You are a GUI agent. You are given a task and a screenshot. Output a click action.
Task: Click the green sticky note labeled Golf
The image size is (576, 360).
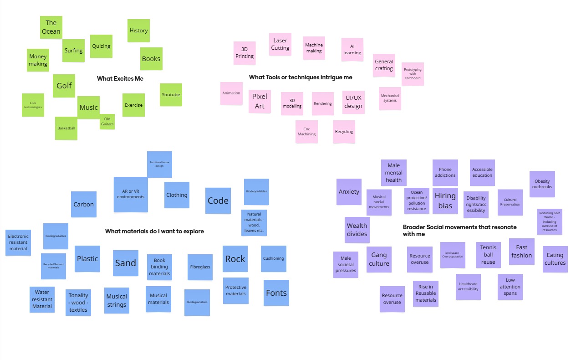tap(64, 86)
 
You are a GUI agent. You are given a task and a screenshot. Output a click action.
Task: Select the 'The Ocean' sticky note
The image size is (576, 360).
tap(51, 27)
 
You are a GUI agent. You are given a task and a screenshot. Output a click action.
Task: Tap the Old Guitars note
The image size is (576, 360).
tap(107, 122)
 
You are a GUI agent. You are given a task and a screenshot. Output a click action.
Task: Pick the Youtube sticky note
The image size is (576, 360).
tap(171, 95)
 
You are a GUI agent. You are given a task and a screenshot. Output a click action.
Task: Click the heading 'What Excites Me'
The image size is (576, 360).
tap(120, 79)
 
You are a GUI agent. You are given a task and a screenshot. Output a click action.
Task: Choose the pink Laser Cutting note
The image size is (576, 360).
tap(280, 44)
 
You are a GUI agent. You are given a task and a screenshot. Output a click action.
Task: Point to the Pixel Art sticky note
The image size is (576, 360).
tap(260, 101)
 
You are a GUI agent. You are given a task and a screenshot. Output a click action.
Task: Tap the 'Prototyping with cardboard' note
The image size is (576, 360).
tap(413, 74)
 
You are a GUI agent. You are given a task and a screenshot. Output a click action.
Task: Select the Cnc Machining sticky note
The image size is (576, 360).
tap(306, 131)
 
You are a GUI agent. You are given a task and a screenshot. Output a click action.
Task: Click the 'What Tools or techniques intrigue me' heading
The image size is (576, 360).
tap(301, 77)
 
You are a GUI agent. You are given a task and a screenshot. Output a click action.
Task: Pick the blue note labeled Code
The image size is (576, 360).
tap(218, 201)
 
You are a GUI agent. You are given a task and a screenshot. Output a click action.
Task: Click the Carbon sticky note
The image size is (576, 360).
tap(84, 204)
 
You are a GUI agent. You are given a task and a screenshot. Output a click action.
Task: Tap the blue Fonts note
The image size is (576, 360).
tap(276, 293)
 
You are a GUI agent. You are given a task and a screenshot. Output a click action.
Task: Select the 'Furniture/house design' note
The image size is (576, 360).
tap(159, 164)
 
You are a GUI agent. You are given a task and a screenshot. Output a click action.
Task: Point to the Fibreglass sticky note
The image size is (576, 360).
tap(200, 267)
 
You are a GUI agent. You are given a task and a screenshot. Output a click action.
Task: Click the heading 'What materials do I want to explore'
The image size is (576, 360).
tap(154, 231)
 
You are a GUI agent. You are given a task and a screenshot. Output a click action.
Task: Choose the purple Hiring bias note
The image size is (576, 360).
tap(445, 201)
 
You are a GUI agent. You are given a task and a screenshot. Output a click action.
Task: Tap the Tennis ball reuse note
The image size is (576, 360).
tap(488, 254)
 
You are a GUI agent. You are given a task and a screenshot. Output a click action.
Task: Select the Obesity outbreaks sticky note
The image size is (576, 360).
tap(542, 184)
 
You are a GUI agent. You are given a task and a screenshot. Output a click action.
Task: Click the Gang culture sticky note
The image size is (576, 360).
tap(379, 259)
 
